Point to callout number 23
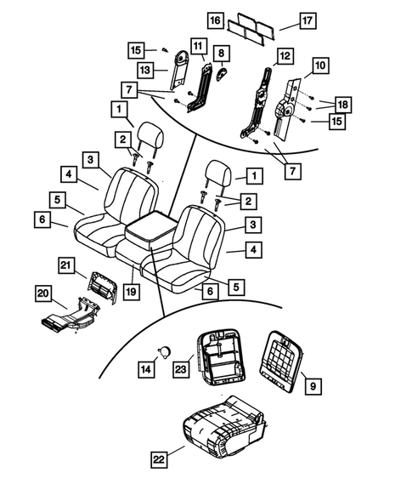(x=181, y=369)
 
